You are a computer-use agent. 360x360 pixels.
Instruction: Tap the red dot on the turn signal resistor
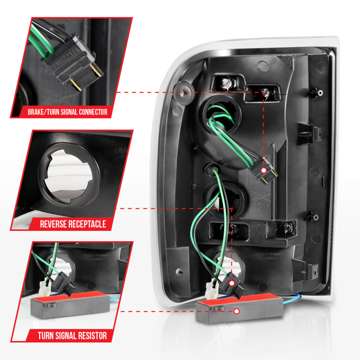(237, 311)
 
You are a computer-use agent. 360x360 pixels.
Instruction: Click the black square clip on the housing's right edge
(315, 133)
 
